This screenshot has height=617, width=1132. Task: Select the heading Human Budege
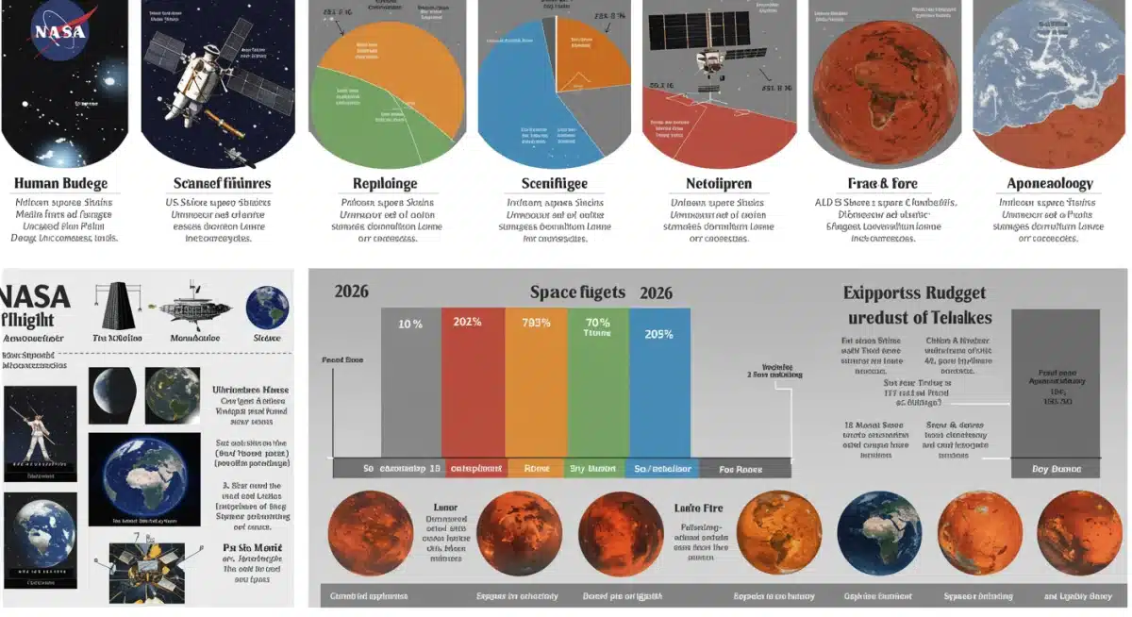[60, 183]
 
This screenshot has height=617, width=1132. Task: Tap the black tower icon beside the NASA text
[117, 307]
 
